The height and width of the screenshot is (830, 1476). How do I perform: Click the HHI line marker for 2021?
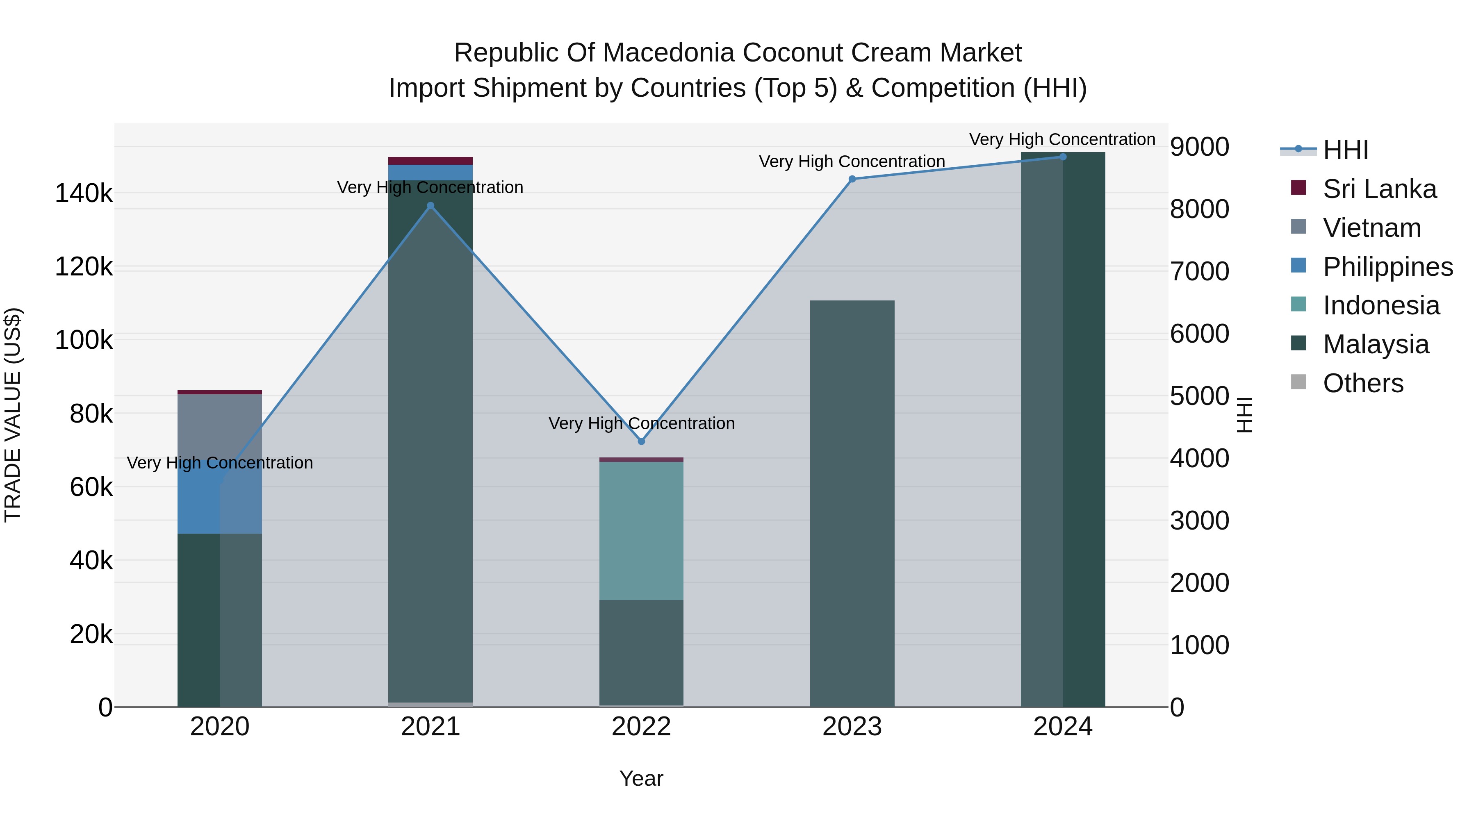tap(431, 206)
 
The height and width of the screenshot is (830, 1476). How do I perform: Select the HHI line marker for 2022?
tap(641, 441)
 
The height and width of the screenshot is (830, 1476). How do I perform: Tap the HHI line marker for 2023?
tap(852, 179)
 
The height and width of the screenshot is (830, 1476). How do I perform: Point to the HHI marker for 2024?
tap(1063, 157)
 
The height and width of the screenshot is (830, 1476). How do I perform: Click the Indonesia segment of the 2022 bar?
tap(641, 530)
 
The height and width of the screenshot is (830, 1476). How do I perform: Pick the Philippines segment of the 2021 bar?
tap(431, 173)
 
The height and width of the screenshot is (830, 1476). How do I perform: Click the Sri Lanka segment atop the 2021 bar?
tap(431, 160)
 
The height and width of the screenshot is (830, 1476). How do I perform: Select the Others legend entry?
tap(1362, 383)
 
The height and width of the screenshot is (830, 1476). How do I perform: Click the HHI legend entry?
tap(1345, 150)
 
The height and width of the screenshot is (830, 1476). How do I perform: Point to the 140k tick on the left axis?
tap(84, 193)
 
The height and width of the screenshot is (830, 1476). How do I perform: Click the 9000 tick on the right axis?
tap(1199, 147)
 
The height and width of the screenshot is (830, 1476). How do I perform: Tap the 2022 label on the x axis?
tap(641, 727)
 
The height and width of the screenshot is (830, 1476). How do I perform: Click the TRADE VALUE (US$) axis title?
tap(13, 415)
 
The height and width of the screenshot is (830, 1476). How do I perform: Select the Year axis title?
tap(641, 778)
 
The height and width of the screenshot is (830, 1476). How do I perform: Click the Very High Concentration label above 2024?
tap(1062, 139)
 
